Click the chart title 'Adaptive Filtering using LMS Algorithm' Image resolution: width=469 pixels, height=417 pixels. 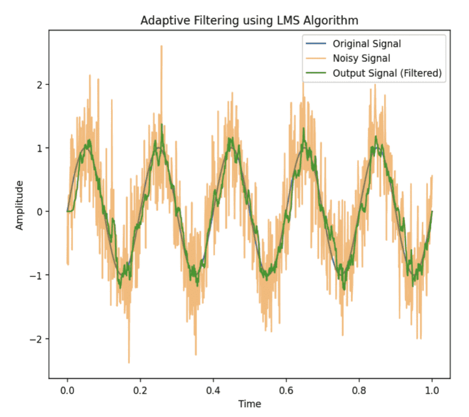point(249,20)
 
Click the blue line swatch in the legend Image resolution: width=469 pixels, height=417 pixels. point(315,44)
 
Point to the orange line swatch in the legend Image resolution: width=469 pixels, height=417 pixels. point(315,59)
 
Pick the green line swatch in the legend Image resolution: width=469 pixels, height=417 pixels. point(315,73)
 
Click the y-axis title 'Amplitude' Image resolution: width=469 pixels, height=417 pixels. point(20,205)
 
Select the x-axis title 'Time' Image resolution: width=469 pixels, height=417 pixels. point(249,404)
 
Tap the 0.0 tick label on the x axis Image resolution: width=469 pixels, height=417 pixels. point(67,389)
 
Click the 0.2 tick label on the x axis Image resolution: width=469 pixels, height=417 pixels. point(140,389)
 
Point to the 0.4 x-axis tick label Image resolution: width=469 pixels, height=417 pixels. point(213,389)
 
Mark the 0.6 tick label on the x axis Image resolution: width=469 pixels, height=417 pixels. point(286,389)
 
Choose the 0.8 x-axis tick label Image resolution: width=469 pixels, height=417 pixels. point(359,389)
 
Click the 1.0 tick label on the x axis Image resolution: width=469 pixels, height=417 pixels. point(432,389)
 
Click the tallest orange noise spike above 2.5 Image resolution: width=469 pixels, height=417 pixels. point(161,46)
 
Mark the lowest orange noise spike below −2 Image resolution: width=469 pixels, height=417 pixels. point(129,362)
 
